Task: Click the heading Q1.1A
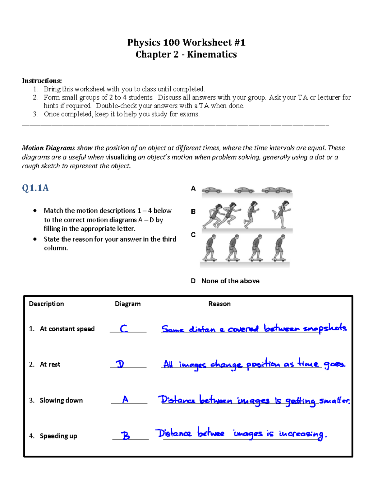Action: tap(35, 188)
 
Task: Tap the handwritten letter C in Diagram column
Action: tap(124, 328)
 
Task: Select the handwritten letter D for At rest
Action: tap(120, 364)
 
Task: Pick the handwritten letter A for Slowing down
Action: tap(125, 399)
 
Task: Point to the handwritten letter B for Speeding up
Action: tap(126, 435)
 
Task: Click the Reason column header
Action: tap(219, 304)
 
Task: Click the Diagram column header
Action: tap(127, 304)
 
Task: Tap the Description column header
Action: tap(46, 304)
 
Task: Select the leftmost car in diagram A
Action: tap(212, 190)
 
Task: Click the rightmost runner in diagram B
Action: tap(282, 214)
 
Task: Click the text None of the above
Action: tap(230, 281)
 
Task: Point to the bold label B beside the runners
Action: tap(193, 211)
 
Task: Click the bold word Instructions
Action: tap(42, 81)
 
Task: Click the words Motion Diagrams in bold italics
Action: tap(48, 148)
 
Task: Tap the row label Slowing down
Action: tap(61, 400)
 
